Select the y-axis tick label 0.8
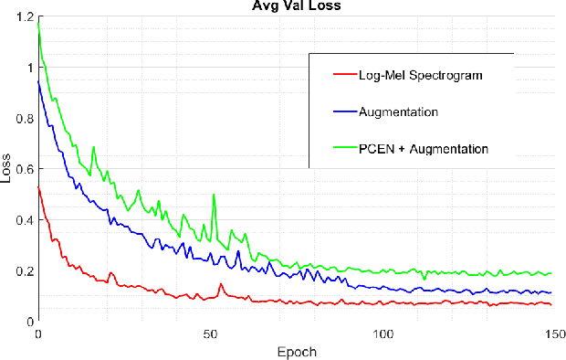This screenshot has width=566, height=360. coord(24,119)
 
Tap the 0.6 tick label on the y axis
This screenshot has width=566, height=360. coord(24,169)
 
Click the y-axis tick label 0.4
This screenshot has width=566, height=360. coord(24,220)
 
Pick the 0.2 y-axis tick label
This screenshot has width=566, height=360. coord(24,271)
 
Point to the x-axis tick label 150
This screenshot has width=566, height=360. coord(552,334)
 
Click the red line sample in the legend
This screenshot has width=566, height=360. coord(343,76)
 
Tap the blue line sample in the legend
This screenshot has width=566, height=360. coord(343,111)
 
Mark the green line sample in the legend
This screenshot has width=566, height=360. coord(343,147)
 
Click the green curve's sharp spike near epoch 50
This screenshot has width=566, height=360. coord(214,195)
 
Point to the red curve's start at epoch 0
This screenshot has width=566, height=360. coord(38,187)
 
